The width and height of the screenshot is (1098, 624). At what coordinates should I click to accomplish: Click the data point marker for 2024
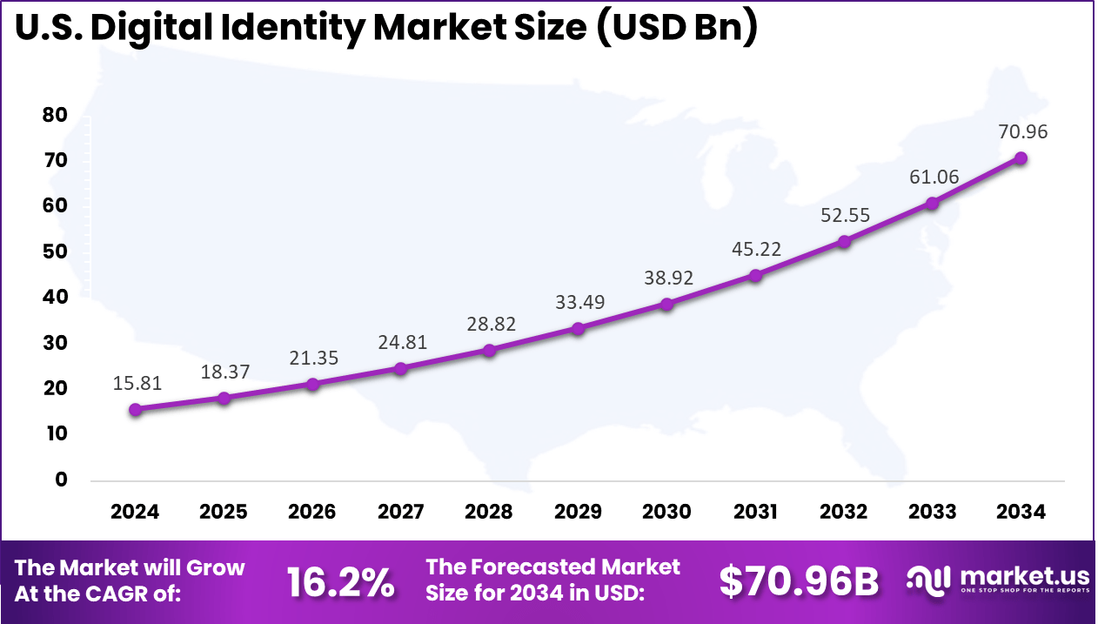click(135, 409)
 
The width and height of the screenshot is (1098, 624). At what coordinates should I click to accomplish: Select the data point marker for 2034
click(1021, 158)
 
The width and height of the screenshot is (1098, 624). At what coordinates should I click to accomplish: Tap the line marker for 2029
click(578, 328)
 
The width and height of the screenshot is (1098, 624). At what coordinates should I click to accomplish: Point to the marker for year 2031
click(755, 276)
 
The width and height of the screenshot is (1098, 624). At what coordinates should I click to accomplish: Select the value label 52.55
click(844, 214)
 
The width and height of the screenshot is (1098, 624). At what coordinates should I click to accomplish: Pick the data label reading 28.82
click(489, 324)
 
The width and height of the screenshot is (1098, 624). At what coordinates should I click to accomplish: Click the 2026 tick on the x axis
click(311, 512)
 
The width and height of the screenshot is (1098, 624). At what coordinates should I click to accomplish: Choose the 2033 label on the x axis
click(932, 512)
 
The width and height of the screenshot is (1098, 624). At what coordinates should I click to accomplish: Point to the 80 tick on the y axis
click(54, 116)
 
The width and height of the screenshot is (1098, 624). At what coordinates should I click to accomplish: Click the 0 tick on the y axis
click(61, 480)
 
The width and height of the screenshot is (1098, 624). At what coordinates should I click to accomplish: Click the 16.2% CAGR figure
click(340, 582)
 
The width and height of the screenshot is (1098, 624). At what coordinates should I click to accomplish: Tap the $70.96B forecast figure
click(799, 582)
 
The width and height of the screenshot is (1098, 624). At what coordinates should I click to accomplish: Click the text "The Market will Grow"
click(131, 568)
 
